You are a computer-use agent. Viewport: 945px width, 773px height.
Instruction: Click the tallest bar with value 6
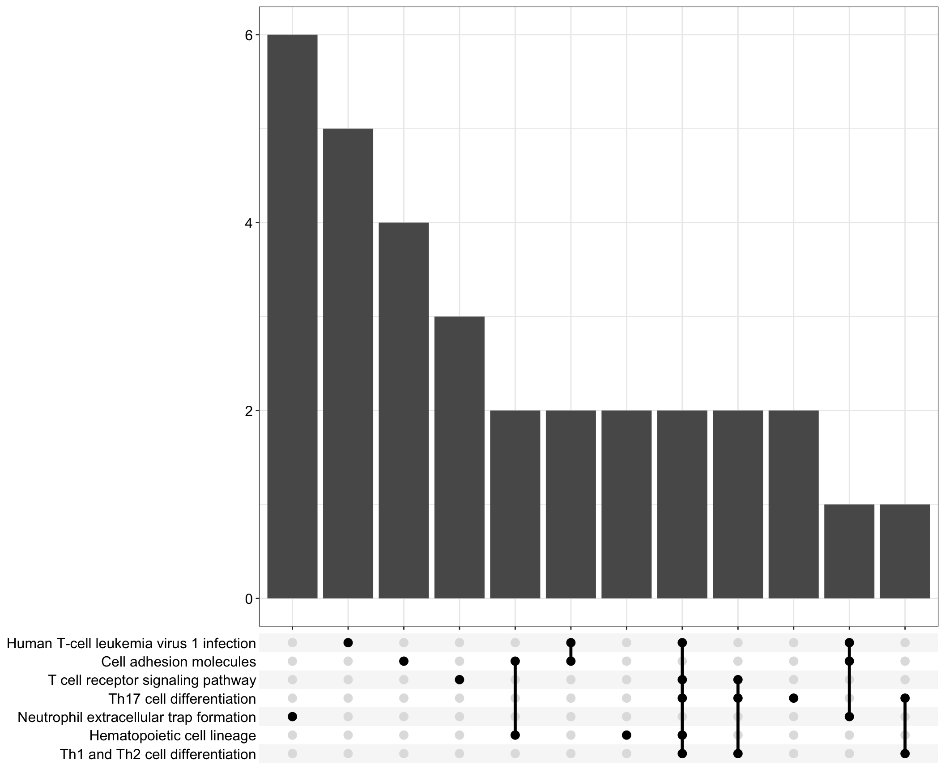point(292,316)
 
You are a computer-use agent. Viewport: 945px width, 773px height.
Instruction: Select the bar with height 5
point(348,363)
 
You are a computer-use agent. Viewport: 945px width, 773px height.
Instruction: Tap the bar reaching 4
point(404,410)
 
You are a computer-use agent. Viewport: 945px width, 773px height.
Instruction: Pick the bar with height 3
point(460,457)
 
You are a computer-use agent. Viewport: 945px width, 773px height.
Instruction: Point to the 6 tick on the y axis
point(249,35)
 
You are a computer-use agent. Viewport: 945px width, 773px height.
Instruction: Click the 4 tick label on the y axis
point(249,223)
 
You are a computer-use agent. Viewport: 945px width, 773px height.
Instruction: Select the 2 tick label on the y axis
point(249,411)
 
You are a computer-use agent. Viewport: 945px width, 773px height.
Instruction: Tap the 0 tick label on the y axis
point(249,599)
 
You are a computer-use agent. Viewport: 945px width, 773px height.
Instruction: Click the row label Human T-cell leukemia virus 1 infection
point(131,643)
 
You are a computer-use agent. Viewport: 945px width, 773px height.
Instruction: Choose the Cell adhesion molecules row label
point(179,662)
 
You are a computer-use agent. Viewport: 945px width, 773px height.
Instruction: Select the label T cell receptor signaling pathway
point(152,680)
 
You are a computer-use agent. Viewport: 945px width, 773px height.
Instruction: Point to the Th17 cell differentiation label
point(182,699)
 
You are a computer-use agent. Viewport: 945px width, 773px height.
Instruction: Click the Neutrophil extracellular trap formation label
point(136,717)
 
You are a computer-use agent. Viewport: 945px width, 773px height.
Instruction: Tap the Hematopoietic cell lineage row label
point(172,735)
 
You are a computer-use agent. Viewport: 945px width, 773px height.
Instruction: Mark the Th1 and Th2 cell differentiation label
point(158,754)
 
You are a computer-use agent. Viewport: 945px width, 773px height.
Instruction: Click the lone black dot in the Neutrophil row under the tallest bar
point(292,717)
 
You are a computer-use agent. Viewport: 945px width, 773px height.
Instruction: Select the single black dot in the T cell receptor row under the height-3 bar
point(459,680)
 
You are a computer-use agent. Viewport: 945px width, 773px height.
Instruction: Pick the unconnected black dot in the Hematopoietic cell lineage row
point(626,735)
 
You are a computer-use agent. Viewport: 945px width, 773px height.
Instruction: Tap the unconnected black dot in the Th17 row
point(794,698)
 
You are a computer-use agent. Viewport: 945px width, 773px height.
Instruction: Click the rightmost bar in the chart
point(905,551)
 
